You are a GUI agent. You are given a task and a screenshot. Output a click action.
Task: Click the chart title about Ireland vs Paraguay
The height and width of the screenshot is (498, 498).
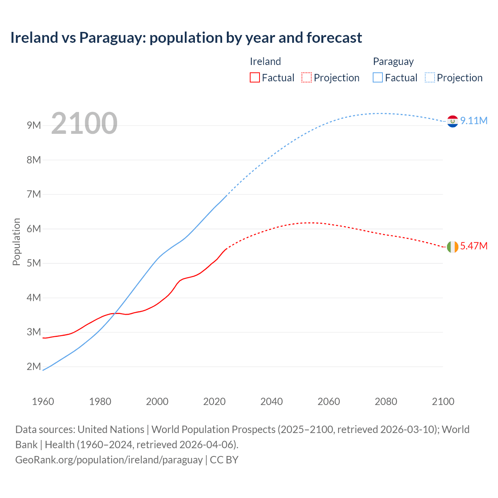point(186,38)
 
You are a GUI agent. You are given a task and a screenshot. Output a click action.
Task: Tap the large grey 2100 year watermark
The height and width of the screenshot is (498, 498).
point(84,123)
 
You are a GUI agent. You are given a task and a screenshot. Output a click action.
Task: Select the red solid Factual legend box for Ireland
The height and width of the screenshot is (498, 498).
point(254,77)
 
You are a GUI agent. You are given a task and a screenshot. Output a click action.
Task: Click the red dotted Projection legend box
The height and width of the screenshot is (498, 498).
point(307,77)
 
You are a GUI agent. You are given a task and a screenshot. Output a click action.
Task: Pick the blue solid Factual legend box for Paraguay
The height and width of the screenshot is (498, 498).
point(377,77)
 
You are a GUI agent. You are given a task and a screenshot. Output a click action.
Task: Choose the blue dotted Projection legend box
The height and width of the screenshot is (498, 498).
point(430,77)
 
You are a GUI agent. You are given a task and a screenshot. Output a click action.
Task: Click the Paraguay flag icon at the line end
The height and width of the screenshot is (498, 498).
point(452,121)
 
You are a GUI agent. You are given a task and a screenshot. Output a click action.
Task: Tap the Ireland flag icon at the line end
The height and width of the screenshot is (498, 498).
point(452,247)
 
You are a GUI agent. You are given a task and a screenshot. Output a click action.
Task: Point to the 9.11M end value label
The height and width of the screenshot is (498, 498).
point(473,121)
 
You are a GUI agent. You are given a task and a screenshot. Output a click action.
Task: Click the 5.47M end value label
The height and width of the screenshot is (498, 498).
point(473,246)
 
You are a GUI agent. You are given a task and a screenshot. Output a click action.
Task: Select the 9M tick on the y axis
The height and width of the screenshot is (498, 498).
point(34,125)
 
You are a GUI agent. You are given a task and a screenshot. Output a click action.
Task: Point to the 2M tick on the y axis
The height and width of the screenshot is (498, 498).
point(34,366)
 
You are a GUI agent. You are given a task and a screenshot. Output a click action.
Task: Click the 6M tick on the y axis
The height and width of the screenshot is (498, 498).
point(34,229)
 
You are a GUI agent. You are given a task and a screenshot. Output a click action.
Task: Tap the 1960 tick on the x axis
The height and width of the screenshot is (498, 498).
point(43,402)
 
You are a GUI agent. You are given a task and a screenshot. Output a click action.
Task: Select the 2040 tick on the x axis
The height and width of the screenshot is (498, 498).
point(272,402)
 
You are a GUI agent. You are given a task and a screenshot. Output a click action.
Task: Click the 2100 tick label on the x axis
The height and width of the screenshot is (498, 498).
point(443,402)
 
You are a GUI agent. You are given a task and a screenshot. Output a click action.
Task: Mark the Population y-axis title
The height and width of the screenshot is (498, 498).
point(16,242)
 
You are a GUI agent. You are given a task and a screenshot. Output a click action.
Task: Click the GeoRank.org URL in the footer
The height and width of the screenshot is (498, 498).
point(109,460)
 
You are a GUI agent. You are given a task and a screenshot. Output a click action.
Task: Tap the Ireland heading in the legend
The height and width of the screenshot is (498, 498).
point(265,61)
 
